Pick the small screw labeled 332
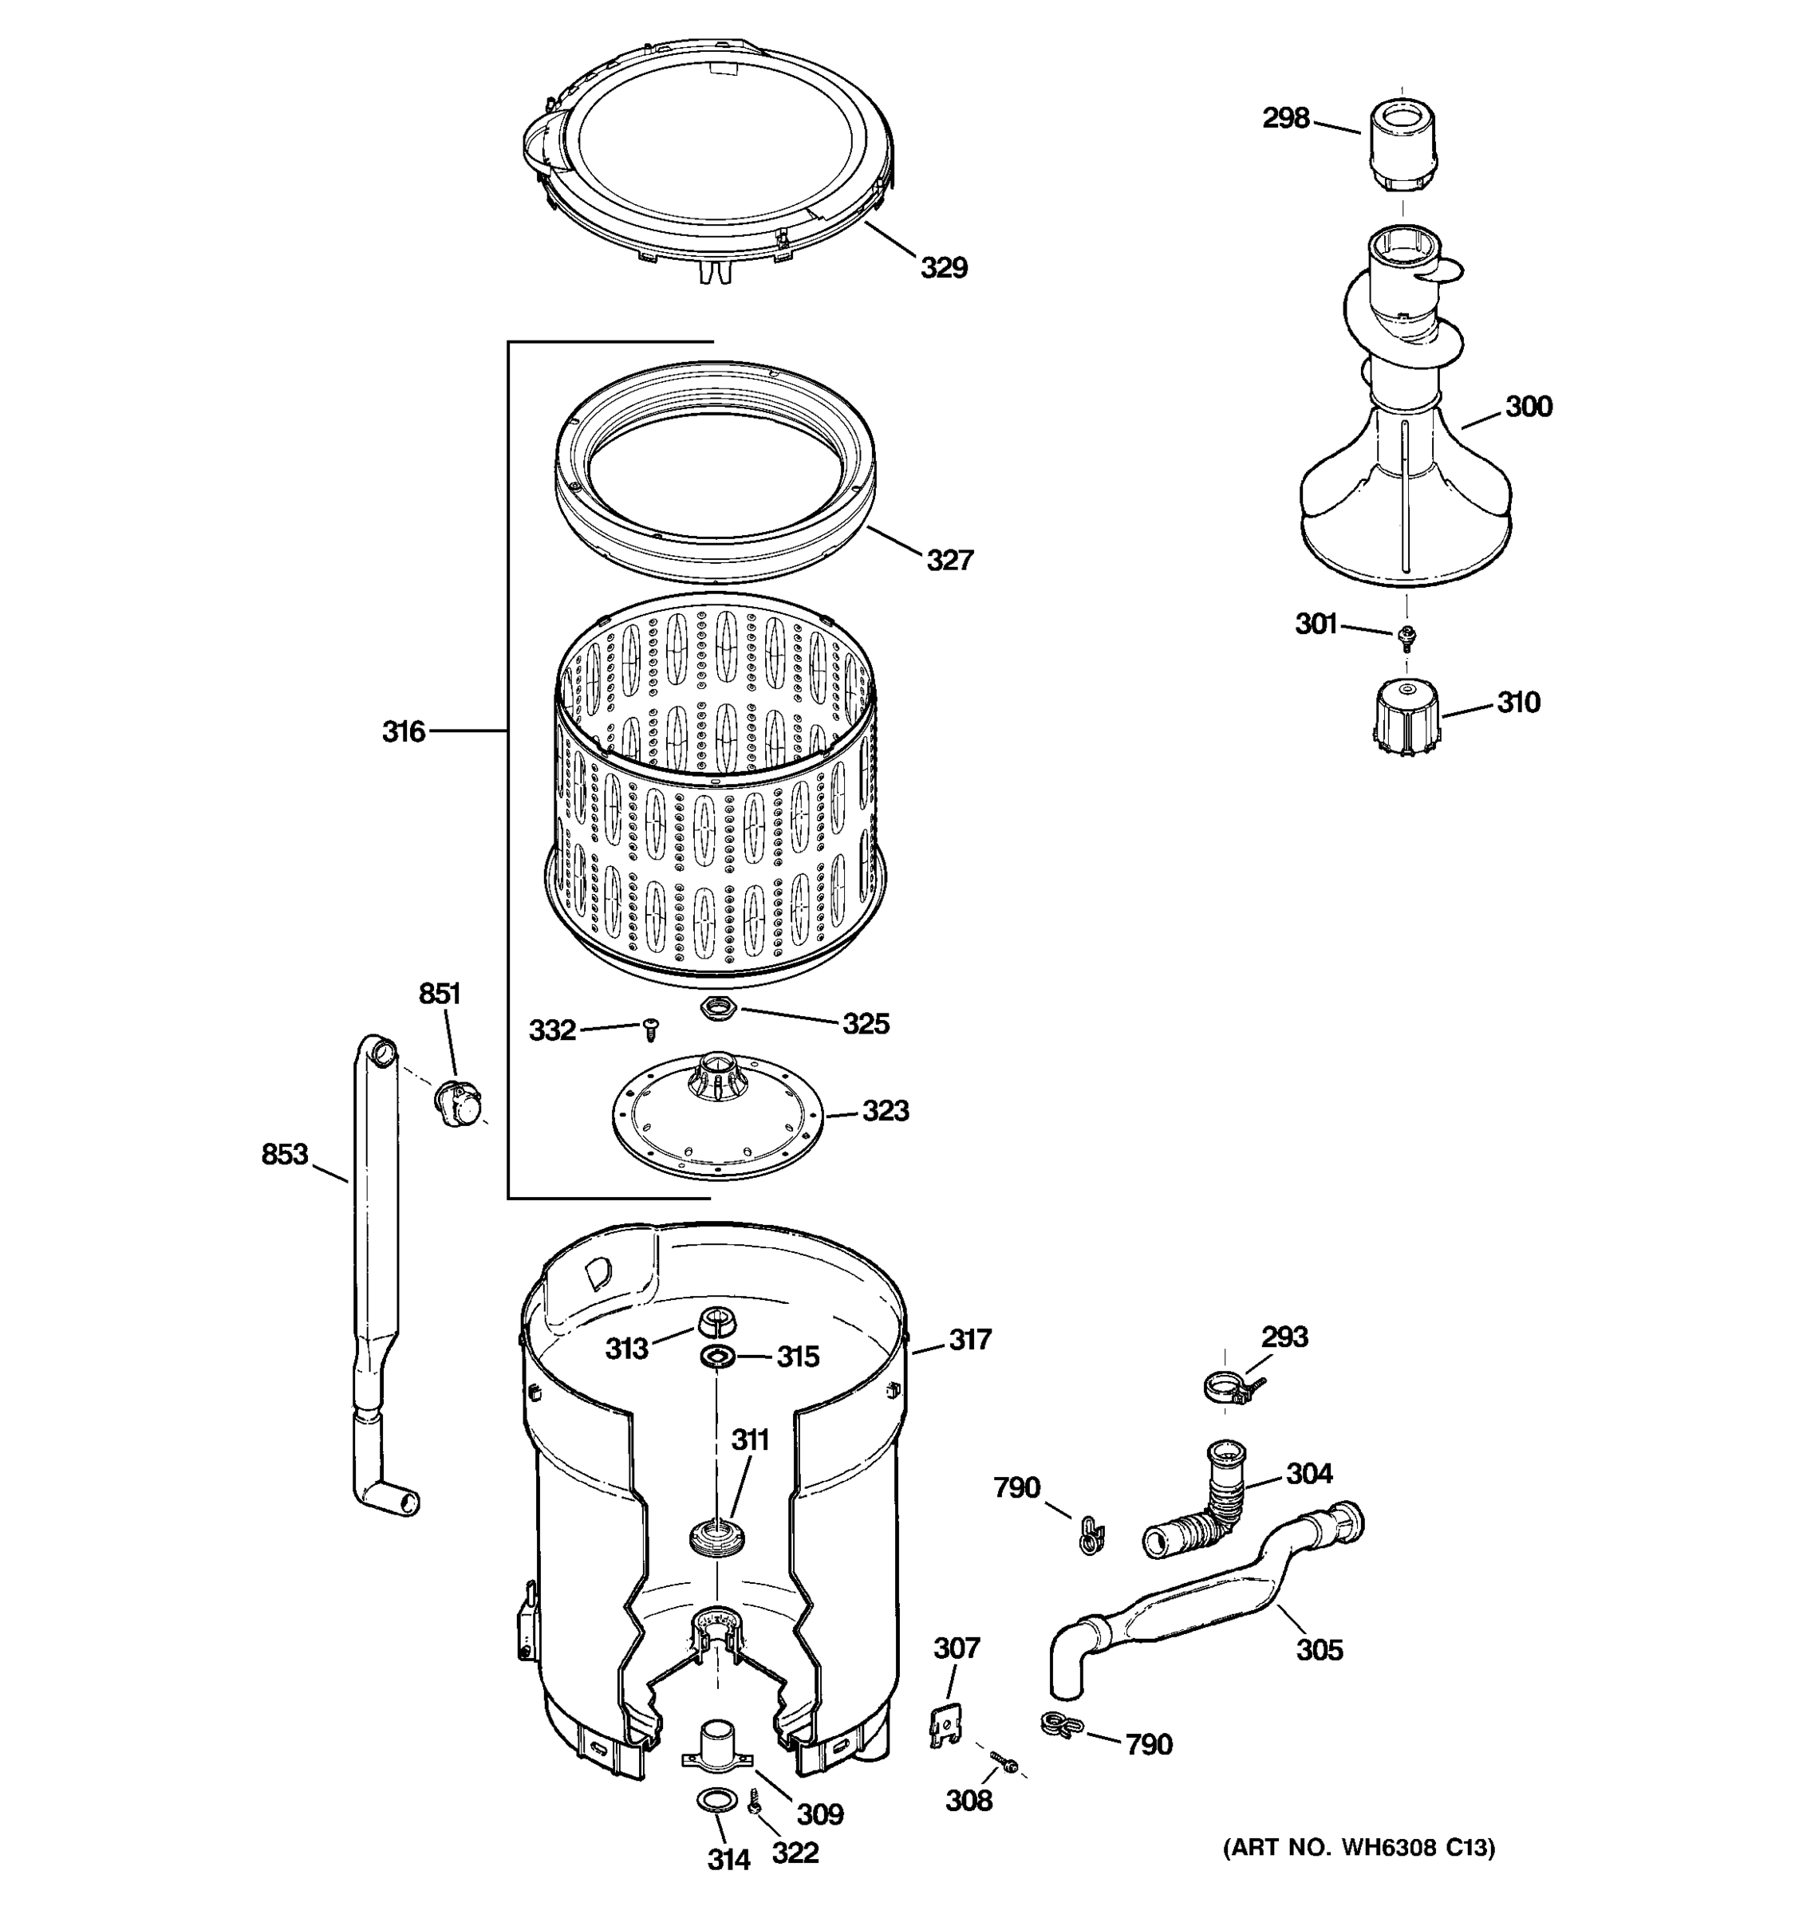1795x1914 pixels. coord(651,1030)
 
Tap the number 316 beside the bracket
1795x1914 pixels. coord(403,732)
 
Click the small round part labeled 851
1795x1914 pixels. coord(456,1104)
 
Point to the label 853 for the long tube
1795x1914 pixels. coord(284,1153)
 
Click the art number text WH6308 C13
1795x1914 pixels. coord(1359,1848)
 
